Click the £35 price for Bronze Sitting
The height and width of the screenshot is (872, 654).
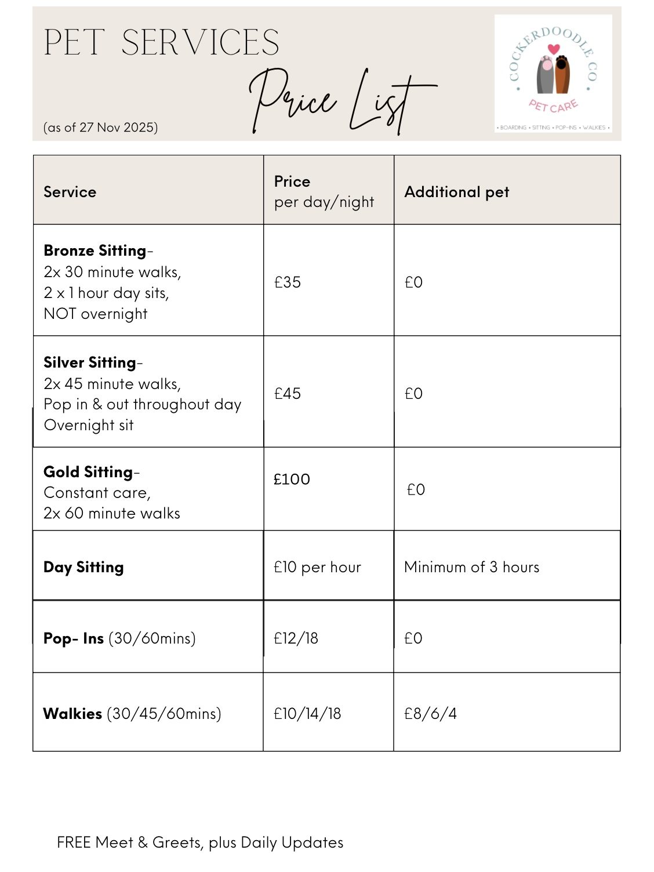pyautogui.click(x=288, y=282)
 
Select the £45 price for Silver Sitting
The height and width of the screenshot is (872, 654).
pyautogui.click(x=288, y=394)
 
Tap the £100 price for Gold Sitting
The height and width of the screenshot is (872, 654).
pyautogui.click(x=292, y=479)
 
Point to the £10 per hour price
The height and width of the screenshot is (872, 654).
pyautogui.click(x=317, y=567)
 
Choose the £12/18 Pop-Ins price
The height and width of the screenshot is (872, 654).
pyautogui.click(x=296, y=638)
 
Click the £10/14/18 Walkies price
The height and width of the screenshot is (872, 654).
pyautogui.click(x=307, y=714)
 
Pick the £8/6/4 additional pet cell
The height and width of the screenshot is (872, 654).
pyautogui.click(x=430, y=714)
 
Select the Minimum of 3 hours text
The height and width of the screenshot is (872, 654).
pyautogui.click(x=471, y=567)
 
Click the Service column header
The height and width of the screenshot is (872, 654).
pyautogui.click(x=70, y=192)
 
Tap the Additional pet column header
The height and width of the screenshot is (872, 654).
pyautogui.click(x=456, y=192)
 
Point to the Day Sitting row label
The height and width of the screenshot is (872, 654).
pyautogui.click(x=83, y=567)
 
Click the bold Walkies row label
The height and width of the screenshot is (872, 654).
pyautogui.click(x=73, y=714)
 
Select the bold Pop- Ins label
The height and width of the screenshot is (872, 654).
pyautogui.click(x=74, y=638)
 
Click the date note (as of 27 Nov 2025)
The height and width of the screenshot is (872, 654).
pyautogui.click(x=100, y=128)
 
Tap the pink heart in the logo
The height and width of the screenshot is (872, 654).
pyautogui.click(x=554, y=49)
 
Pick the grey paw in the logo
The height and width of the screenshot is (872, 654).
pyautogui.click(x=546, y=75)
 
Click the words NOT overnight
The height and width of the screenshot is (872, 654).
pyautogui.click(x=96, y=314)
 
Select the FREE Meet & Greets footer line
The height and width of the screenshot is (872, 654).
pyautogui.click(x=200, y=842)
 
